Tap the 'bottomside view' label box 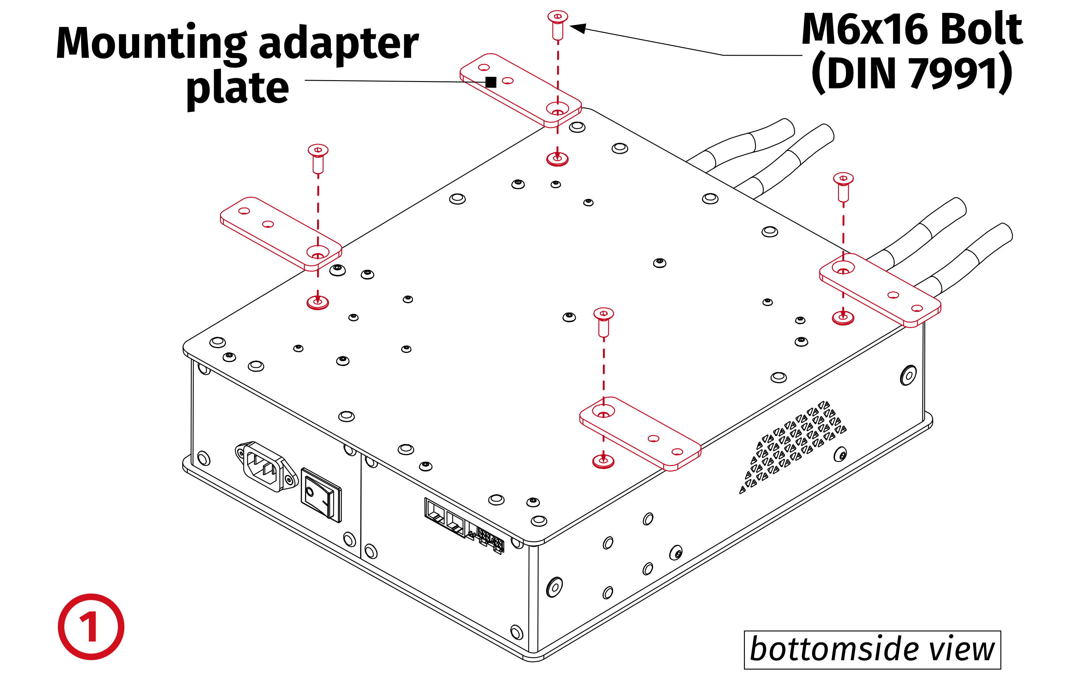(x=872, y=649)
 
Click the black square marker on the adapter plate (x=491, y=82)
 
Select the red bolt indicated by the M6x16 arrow (x=557, y=24)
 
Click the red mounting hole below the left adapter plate (x=317, y=302)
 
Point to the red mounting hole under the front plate (x=603, y=461)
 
